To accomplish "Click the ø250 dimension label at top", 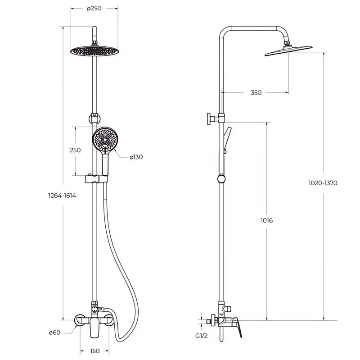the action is pyautogui.click(x=94, y=9).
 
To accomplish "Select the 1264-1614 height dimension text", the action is pyautogui.click(x=62, y=196).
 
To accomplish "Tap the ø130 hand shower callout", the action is pyautogui.click(x=136, y=157).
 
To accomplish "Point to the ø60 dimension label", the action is pyautogui.click(x=54, y=333).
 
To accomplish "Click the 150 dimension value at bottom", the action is pyautogui.click(x=95, y=351).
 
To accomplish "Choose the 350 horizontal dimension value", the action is pyautogui.click(x=256, y=93).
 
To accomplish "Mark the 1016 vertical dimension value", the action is pyautogui.click(x=266, y=220).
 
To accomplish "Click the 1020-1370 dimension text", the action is pyautogui.click(x=323, y=183).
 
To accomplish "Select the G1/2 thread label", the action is pyautogui.click(x=201, y=336).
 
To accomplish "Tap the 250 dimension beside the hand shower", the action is pyautogui.click(x=75, y=150).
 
